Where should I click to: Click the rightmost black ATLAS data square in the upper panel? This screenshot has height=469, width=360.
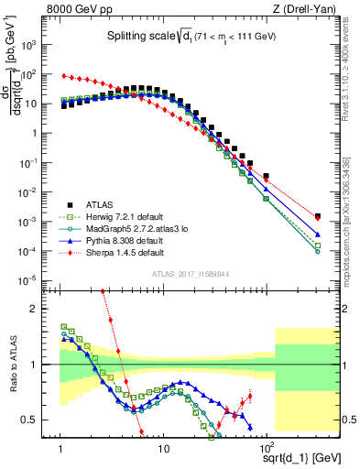pyautogui.click(x=317, y=217)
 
